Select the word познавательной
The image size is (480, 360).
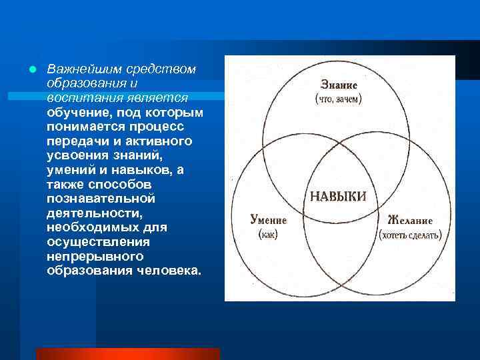pos(101,199)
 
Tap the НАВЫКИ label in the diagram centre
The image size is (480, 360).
pos(338,196)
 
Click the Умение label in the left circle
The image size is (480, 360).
pos(268,220)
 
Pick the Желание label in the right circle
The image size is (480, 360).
pos(409,220)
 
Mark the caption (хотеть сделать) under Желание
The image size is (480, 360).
pos(409,235)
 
